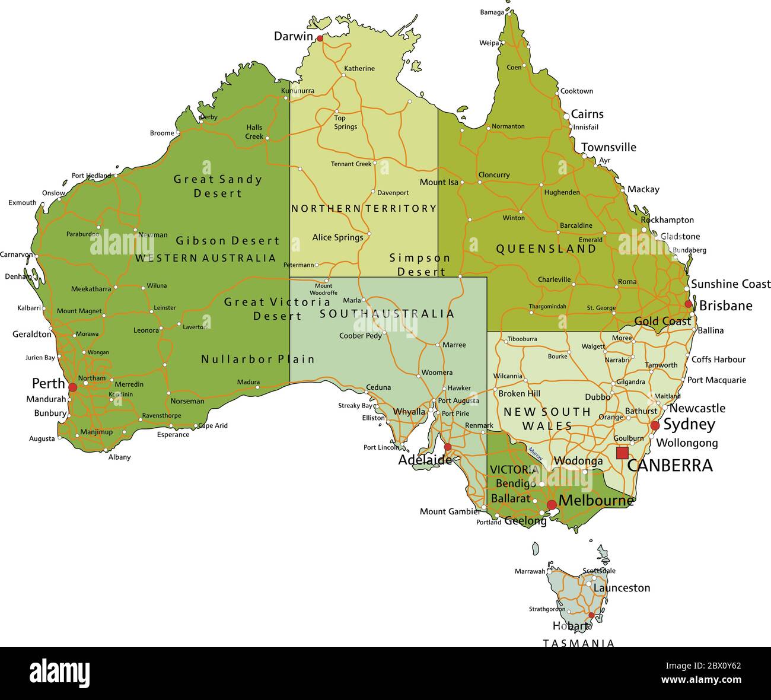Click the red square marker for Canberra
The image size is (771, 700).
pyautogui.click(x=622, y=453)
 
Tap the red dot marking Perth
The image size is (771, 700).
pyautogui.click(x=72, y=387)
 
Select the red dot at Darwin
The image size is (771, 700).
pyautogui.click(x=320, y=39)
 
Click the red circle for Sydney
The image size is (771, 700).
pyautogui.click(x=655, y=426)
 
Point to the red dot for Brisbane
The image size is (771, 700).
pyautogui.click(x=688, y=304)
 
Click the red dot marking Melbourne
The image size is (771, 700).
pyautogui.click(x=552, y=505)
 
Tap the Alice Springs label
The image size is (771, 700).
pyautogui.click(x=337, y=237)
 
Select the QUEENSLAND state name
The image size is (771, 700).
pyautogui.click(x=546, y=249)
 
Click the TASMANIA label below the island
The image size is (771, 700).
pyautogui.click(x=578, y=643)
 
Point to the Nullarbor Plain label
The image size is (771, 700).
pyautogui.click(x=257, y=359)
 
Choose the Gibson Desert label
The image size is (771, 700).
pyautogui.click(x=227, y=241)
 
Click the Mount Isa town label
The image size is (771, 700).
pyautogui.click(x=439, y=182)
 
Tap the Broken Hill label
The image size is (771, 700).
pyautogui.click(x=519, y=393)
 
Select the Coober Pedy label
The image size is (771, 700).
pyautogui.click(x=360, y=336)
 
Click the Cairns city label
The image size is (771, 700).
pyautogui.click(x=587, y=114)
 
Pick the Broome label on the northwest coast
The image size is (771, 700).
pyautogui.click(x=162, y=133)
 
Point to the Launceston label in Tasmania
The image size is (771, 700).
pyautogui.click(x=622, y=588)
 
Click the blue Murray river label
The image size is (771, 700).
pyautogui.click(x=535, y=454)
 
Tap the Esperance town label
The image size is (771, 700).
pyautogui.click(x=173, y=435)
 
